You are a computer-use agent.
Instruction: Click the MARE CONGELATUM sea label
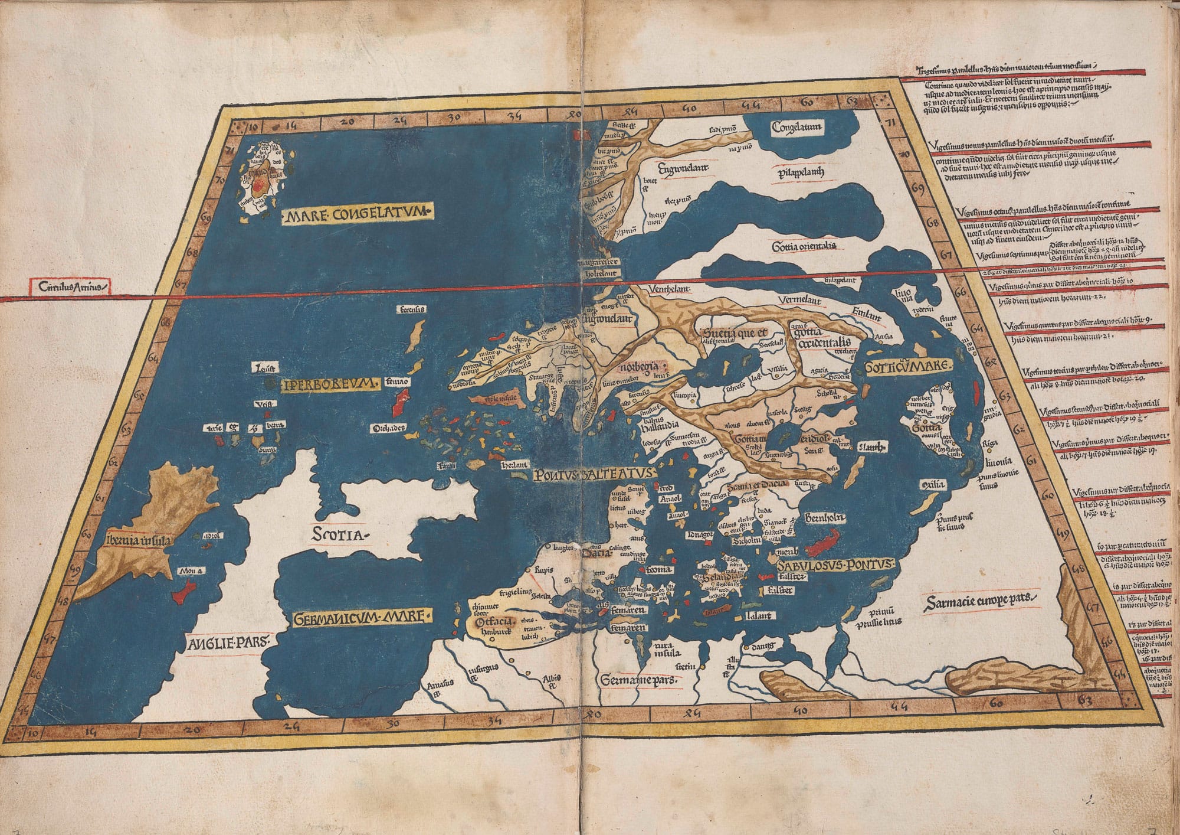click(359, 216)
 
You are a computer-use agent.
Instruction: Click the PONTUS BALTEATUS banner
click(592, 474)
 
